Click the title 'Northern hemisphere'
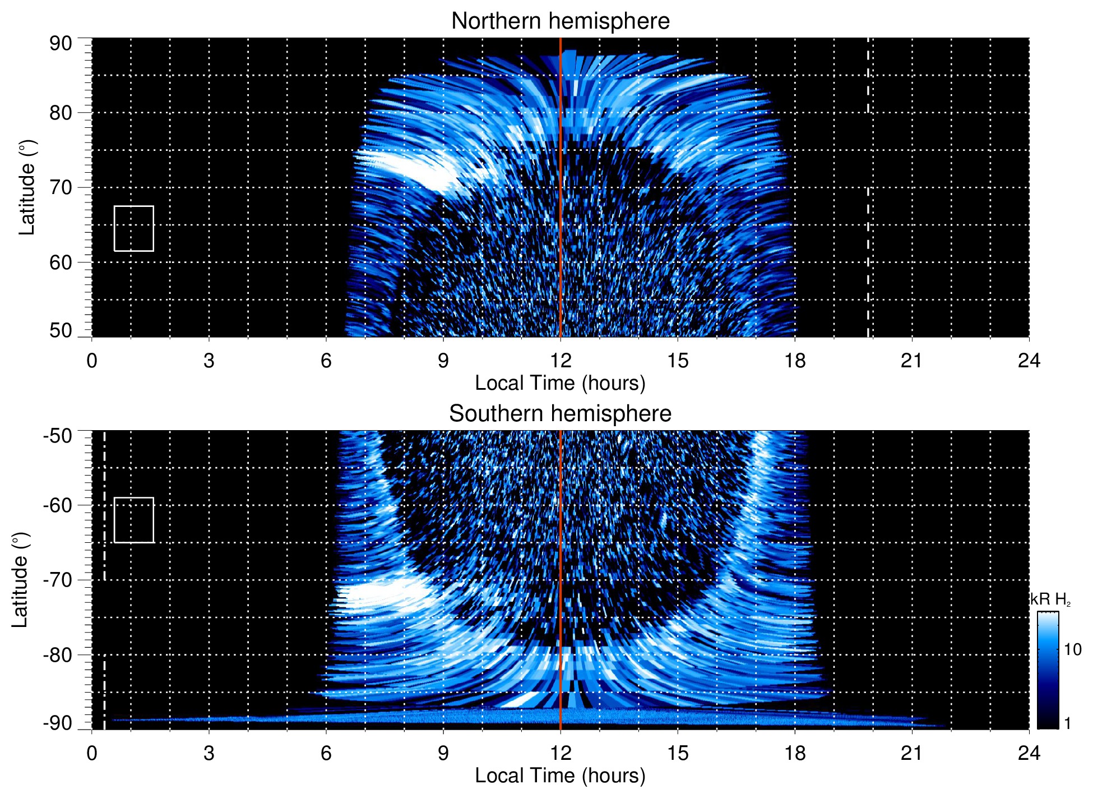tap(560, 21)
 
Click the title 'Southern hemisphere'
tap(560, 414)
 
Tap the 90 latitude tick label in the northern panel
tap(61, 44)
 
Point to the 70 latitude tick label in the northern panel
tap(61, 187)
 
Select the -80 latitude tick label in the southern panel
tap(57, 654)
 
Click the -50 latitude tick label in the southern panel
tap(57, 436)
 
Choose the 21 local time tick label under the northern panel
tap(911, 361)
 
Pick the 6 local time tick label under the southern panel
tap(326, 753)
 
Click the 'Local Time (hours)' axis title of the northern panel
tap(560, 383)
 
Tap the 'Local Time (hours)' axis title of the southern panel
tap(560, 776)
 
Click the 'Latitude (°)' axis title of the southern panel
tap(20, 580)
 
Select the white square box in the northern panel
tap(134, 228)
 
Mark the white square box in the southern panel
tap(134, 520)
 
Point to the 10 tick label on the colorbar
tap(1072, 649)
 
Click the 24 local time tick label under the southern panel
tap(1029, 753)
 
